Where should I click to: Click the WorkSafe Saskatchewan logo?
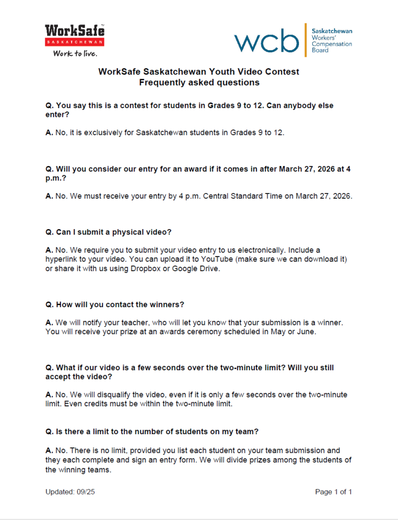(75, 36)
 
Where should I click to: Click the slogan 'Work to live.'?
(75, 53)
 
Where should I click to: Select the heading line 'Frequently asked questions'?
(199, 82)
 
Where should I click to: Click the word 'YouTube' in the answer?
(219, 259)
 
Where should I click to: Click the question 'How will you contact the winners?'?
(115, 305)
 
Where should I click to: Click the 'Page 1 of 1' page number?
(333, 492)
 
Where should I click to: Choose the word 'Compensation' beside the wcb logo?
(331, 44)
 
